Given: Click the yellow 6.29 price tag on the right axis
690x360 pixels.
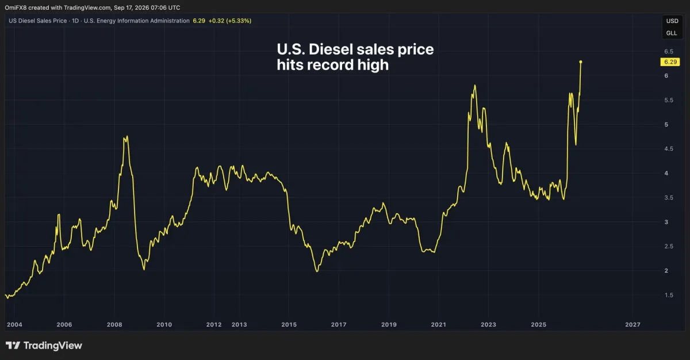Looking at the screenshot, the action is pyautogui.click(x=670, y=62).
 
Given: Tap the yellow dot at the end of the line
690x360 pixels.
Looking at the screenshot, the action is pyautogui.click(x=581, y=62).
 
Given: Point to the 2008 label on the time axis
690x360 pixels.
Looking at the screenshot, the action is pyautogui.click(x=114, y=324).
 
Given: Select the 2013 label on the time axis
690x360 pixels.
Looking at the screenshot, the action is pyautogui.click(x=239, y=324).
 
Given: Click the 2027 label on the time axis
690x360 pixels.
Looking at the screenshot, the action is pyautogui.click(x=632, y=324).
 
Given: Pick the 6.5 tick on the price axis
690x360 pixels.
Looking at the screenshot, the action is pyautogui.click(x=669, y=51).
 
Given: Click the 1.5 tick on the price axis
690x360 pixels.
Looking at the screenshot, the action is pyautogui.click(x=669, y=295).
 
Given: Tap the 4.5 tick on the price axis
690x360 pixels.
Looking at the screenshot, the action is pyautogui.click(x=669, y=149).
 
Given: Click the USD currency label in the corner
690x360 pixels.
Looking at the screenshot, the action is pyautogui.click(x=672, y=21).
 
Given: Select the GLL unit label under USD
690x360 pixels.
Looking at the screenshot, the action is pyautogui.click(x=672, y=33).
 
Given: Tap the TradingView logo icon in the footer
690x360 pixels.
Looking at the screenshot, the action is pyautogui.click(x=13, y=346).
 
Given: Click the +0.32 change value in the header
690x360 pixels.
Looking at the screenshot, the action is pyautogui.click(x=216, y=21).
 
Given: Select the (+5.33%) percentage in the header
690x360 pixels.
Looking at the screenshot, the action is pyautogui.click(x=239, y=21).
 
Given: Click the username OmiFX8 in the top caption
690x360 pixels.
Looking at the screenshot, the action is pyautogui.click(x=16, y=7).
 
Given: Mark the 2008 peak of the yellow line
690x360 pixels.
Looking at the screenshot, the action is pyautogui.click(x=127, y=136).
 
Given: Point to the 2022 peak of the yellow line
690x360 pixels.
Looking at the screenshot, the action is pyautogui.click(x=475, y=85).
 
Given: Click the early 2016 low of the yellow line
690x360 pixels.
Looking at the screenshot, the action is pyautogui.click(x=317, y=271).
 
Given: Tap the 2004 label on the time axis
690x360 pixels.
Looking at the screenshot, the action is pyautogui.click(x=14, y=324).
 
